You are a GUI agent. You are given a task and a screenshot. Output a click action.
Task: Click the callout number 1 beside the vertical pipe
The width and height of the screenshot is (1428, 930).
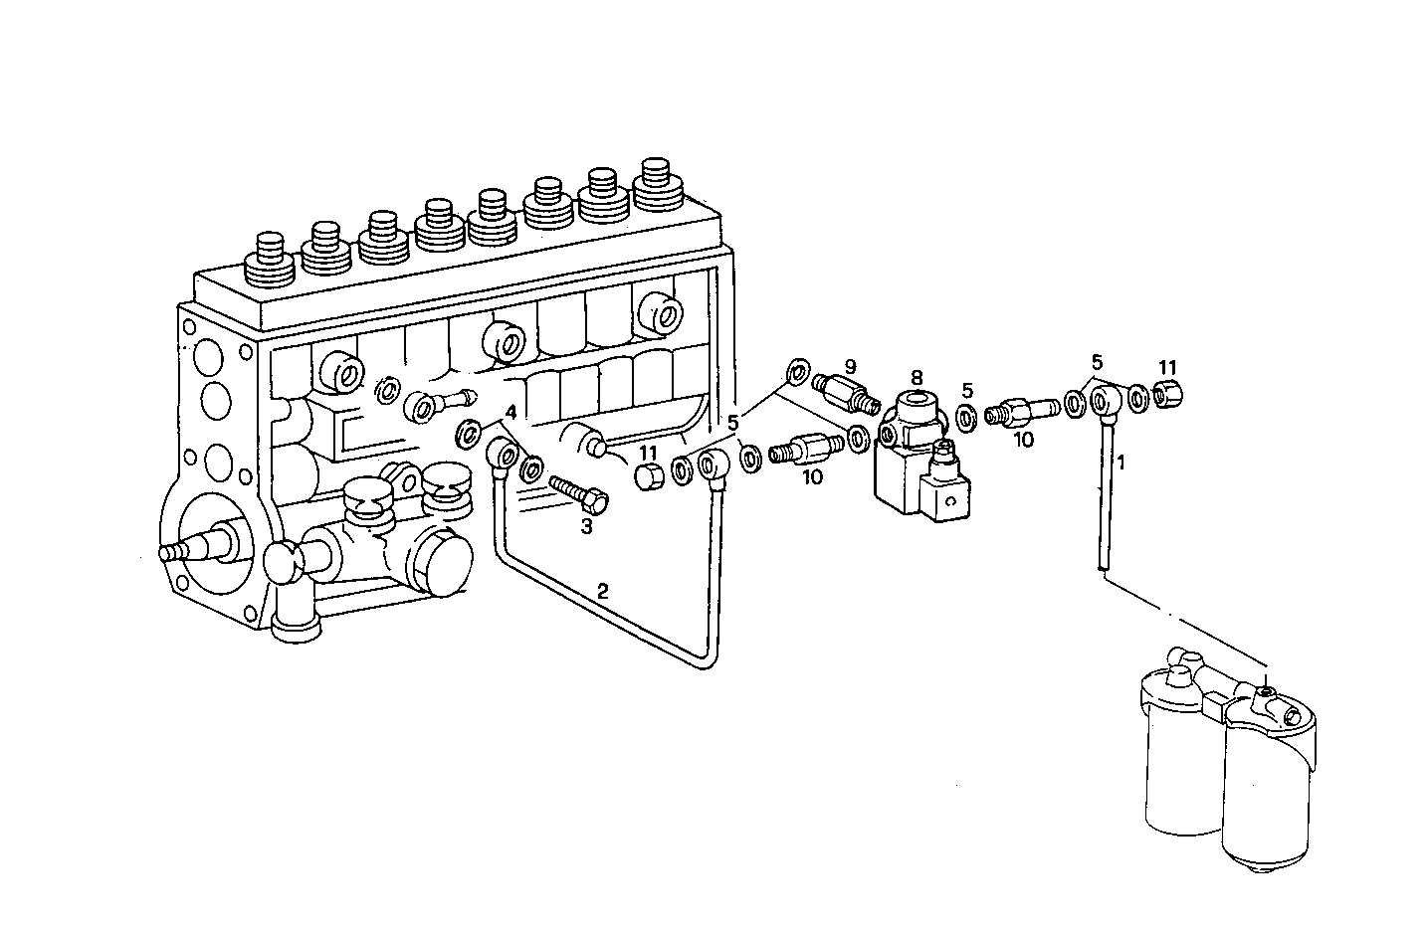[x=1121, y=463]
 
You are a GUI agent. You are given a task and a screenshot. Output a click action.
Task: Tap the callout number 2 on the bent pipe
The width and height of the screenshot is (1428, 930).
[x=602, y=590]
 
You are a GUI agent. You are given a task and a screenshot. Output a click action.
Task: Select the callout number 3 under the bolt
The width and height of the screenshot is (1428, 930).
[x=586, y=527]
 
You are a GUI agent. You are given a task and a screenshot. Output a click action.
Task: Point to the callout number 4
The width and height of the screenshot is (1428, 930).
[x=510, y=411]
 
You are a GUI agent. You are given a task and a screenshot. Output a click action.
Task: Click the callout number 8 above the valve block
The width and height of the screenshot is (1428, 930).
[x=916, y=378]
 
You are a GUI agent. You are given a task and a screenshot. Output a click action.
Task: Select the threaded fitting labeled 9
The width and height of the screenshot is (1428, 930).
[x=847, y=392]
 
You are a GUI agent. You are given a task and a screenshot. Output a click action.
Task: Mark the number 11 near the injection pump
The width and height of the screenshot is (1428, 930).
[x=648, y=453]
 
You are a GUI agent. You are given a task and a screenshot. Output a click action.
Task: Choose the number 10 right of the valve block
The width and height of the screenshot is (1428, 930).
[x=1024, y=439]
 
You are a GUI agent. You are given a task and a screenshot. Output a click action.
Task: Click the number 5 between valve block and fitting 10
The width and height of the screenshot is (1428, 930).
[x=966, y=390]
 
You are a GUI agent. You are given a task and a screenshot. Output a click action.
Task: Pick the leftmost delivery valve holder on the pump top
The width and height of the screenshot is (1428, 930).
[x=270, y=257]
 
